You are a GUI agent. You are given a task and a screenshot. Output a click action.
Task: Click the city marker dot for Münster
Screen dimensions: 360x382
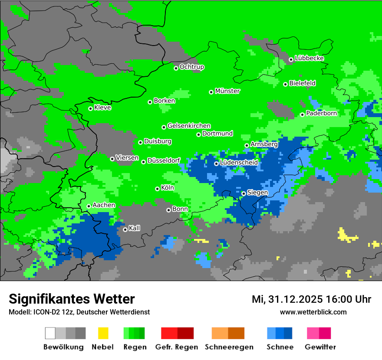(211, 92)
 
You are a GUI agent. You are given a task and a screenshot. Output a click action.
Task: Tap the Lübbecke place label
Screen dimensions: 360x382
(309, 58)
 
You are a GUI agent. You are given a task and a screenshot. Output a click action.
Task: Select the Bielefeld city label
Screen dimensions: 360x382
(302, 83)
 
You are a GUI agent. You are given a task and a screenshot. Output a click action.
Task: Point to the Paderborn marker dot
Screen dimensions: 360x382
(303, 115)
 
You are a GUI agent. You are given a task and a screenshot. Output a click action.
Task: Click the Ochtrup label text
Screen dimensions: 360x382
(191, 67)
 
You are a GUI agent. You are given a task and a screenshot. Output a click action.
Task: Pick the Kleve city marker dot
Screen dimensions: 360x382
(91, 108)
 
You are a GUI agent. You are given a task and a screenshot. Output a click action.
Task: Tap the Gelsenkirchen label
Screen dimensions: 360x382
(189, 126)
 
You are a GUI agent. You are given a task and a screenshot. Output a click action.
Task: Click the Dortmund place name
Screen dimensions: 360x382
(217, 134)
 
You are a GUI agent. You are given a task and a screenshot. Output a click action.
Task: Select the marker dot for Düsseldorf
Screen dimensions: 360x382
(144, 162)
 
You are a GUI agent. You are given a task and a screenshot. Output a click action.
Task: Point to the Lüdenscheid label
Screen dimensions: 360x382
(239, 163)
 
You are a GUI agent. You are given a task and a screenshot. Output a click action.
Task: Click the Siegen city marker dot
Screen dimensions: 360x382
(244, 193)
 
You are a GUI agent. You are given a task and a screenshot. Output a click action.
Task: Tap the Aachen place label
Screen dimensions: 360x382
(104, 205)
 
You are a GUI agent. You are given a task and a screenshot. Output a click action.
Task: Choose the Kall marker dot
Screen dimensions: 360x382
(125, 229)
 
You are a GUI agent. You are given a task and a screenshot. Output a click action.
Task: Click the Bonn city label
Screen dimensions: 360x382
(180, 209)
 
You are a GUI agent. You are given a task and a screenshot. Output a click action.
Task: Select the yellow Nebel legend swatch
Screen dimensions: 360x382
(103, 333)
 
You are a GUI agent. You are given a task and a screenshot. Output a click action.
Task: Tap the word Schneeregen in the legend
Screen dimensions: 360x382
(229, 347)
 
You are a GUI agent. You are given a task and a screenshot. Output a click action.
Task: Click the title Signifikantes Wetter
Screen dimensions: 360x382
(72, 299)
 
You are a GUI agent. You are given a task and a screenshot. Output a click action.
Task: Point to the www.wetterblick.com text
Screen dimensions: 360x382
(313, 312)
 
